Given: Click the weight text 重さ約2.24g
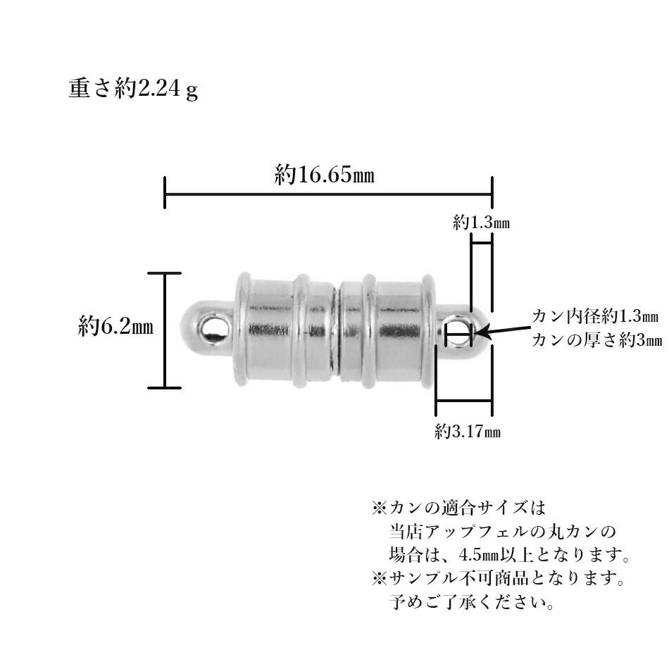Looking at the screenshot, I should click(133, 91).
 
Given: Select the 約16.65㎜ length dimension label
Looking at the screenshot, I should click(324, 175).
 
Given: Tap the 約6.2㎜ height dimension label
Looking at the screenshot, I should click(116, 327).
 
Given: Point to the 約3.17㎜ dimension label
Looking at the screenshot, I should click(468, 431).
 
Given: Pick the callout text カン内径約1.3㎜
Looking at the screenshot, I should click(596, 315).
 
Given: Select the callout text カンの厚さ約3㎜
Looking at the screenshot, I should click(596, 339).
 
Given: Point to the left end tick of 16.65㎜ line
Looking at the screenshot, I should click(165, 193).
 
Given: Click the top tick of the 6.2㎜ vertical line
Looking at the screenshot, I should click(165, 273).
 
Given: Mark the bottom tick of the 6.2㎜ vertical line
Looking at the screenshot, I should click(165, 387).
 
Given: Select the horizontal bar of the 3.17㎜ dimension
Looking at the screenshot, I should click(464, 402).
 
